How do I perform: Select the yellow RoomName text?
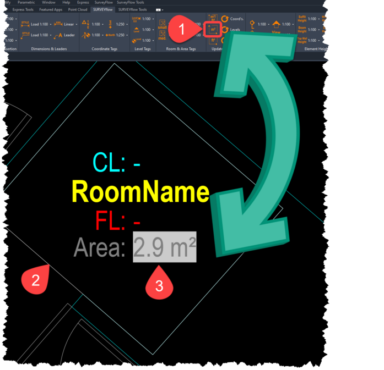140,193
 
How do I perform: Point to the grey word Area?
100,248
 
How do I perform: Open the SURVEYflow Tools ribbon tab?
132,9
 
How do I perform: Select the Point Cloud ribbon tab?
78,9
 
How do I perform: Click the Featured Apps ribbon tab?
51,9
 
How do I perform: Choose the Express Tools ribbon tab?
23,9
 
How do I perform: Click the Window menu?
48,3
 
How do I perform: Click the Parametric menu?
26,3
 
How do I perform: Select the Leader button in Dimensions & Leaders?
66,35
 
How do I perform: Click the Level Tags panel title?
142,49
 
